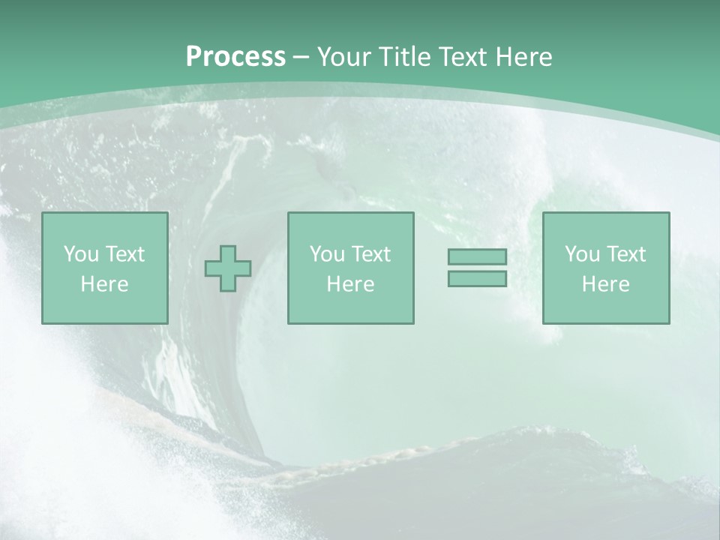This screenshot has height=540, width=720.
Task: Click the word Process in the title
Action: click(235, 57)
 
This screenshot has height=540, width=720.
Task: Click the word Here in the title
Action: click(524, 57)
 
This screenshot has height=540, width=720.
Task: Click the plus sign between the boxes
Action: click(228, 268)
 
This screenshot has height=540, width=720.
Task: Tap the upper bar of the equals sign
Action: click(477, 256)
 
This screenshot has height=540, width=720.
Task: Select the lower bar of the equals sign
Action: click(477, 278)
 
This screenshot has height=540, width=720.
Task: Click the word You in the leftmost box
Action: click(80, 254)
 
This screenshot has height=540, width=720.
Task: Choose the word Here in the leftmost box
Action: click(104, 284)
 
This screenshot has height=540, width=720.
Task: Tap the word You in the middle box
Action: click(326, 254)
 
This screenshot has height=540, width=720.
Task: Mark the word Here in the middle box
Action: click(350, 284)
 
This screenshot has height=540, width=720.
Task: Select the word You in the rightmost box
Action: click(581, 254)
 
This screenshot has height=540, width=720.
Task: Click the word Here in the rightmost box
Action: click(605, 284)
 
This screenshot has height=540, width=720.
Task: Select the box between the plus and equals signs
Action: click(350, 307)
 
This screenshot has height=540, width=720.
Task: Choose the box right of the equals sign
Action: click(605, 307)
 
